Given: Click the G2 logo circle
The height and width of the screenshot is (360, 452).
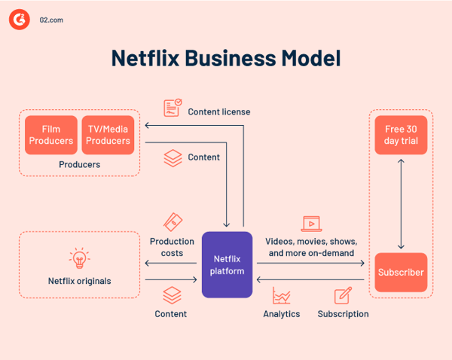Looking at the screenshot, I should click(x=19, y=20).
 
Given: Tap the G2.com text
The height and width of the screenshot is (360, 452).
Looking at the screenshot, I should click(x=51, y=20).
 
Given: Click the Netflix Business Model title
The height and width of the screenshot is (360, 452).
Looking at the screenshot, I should click(x=226, y=59).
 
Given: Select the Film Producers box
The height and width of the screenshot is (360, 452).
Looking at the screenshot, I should click(x=51, y=135).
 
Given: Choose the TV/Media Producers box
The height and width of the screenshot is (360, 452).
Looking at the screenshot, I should click(x=108, y=135).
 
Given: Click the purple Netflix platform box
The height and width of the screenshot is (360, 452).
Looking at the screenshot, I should click(x=226, y=264).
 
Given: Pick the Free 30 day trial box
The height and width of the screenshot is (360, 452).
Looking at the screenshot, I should click(x=401, y=135).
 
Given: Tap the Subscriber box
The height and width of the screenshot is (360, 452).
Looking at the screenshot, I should click(x=401, y=272).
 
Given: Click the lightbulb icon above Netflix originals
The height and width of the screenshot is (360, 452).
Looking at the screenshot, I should click(x=78, y=258).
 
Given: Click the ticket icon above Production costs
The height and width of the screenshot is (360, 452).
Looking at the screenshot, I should click(x=173, y=222).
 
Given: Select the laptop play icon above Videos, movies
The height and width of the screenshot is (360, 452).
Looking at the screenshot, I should click(x=310, y=223).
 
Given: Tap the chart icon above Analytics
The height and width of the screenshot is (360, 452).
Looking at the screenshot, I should click(x=282, y=296).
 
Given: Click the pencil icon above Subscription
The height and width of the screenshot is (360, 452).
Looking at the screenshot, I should click(x=343, y=295).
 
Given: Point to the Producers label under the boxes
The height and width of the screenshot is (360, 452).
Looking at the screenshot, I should click(x=79, y=164).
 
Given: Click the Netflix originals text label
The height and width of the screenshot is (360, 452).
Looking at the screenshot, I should click(x=78, y=281).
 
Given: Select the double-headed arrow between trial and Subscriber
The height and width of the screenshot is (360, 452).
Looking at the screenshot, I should click(x=401, y=203).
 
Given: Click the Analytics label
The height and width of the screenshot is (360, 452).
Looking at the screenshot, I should click(x=282, y=313).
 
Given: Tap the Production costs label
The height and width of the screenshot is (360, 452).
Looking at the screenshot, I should click(x=173, y=247).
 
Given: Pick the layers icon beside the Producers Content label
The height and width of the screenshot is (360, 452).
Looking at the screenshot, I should click(x=173, y=157).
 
